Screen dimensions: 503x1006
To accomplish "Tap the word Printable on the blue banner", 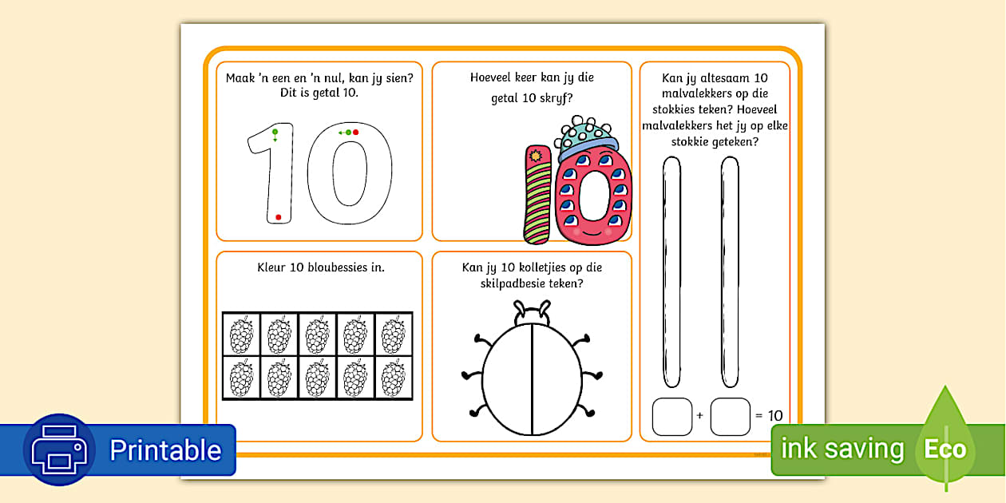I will (165, 450).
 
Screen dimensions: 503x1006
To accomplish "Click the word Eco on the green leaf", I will (945, 450).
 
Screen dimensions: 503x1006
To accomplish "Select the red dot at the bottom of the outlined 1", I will (278, 217).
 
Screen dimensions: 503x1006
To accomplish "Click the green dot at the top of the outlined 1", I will (275, 131).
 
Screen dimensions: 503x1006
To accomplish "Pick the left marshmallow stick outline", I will (671, 271).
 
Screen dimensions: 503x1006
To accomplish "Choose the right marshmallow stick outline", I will (730, 271).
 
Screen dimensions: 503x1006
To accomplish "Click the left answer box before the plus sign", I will (672, 417).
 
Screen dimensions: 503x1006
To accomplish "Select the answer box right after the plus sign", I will (730, 417).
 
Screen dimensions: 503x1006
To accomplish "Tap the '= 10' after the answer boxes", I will (769, 416).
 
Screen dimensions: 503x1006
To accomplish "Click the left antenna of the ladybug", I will (520, 309).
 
